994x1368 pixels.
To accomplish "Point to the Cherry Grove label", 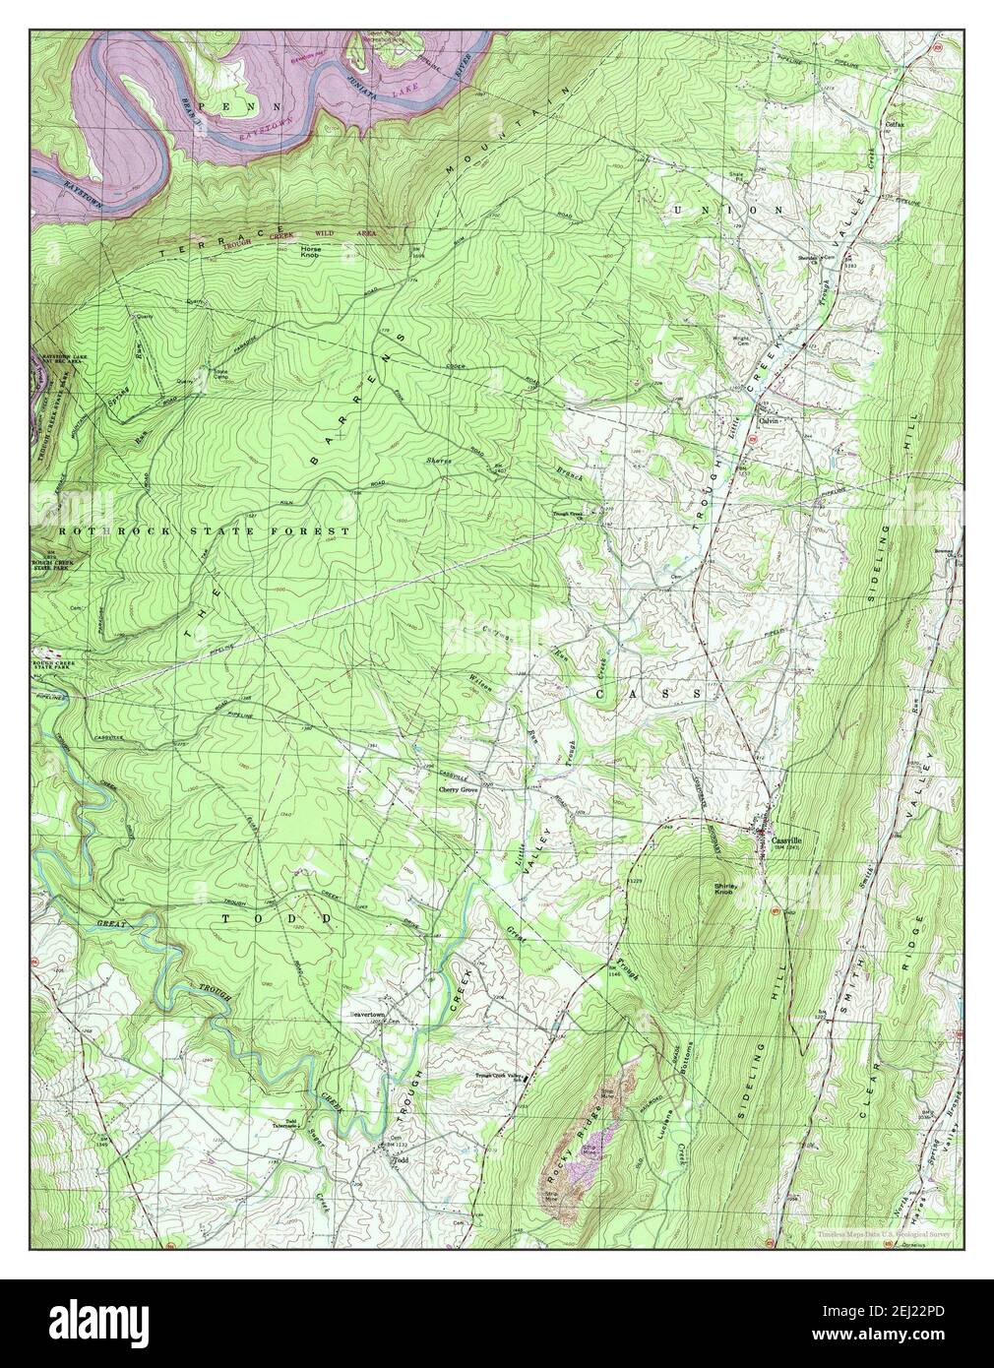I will [x=458, y=790].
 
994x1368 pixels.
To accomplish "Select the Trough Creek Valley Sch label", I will [x=497, y=1075].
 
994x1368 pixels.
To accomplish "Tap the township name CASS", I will [x=650, y=694].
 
